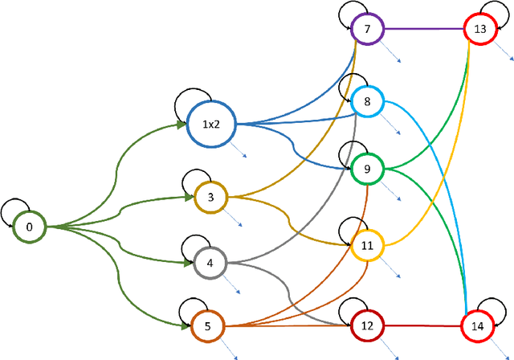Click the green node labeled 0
[x=30, y=227]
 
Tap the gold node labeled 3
[x=211, y=196]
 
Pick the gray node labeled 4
[x=210, y=263]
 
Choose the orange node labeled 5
[x=207, y=326]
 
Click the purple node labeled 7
[x=367, y=30]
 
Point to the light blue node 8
[x=367, y=101]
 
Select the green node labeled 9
[x=367, y=169]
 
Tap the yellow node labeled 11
[x=367, y=245]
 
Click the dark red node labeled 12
[x=367, y=325]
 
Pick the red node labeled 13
[x=480, y=30]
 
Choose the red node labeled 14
[x=478, y=326]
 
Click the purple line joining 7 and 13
[x=423, y=30]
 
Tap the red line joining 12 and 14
[x=422, y=326]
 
